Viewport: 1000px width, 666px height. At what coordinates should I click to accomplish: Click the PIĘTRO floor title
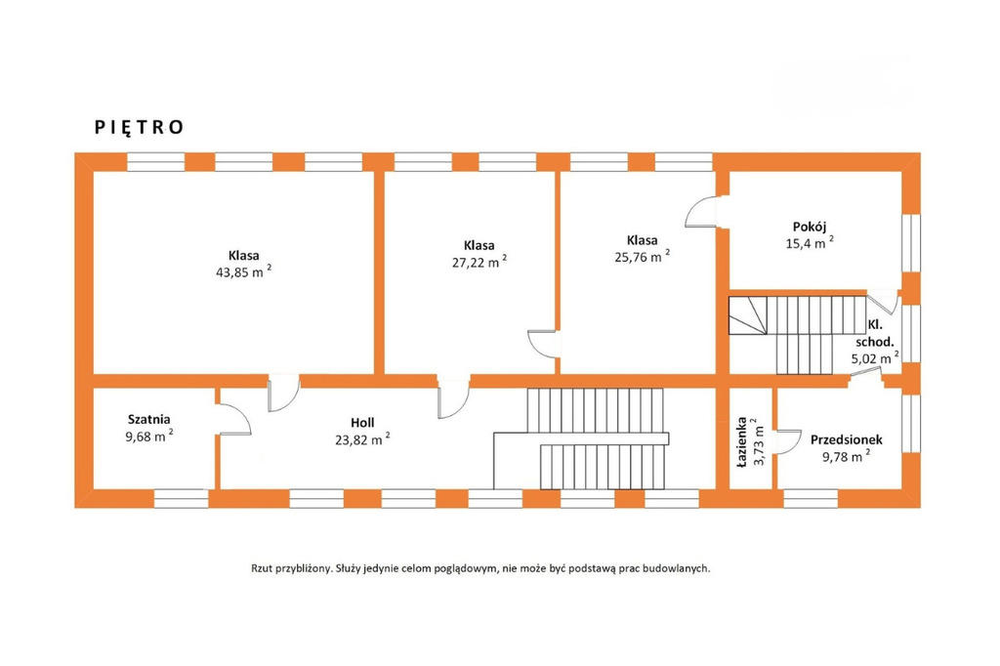(139, 128)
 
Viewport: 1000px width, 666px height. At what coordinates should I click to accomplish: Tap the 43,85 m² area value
(244, 272)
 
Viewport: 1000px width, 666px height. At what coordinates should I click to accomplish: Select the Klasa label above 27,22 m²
(479, 246)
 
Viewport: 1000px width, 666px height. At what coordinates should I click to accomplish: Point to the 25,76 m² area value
(643, 257)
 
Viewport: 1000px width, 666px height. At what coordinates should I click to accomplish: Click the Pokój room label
(810, 227)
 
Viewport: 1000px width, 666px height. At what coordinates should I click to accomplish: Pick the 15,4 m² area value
(810, 243)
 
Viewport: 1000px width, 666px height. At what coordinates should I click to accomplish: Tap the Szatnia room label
(149, 420)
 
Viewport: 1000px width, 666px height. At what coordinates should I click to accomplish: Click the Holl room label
(362, 422)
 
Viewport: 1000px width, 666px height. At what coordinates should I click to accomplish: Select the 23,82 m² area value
(362, 439)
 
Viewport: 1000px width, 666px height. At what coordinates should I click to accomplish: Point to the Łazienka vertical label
(742, 442)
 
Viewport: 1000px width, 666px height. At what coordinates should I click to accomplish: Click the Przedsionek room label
(847, 439)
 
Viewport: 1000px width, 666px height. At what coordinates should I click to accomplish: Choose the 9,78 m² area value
(847, 456)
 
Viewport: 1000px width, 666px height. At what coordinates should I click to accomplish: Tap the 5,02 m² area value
(875, 358)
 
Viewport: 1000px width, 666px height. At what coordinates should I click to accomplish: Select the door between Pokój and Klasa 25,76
(701, 212)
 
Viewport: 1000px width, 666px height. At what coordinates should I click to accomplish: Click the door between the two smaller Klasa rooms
(543, 345)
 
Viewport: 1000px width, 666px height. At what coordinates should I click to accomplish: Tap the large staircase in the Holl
(582, 438)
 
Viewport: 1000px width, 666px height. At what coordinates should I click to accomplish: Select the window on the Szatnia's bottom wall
(181, 498)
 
